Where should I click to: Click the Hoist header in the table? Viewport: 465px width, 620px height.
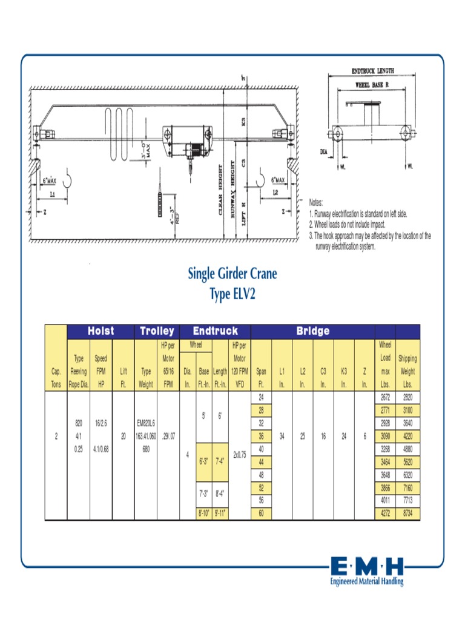[x=101, y=331]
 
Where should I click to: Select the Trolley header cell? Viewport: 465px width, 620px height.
[x=157, y=331]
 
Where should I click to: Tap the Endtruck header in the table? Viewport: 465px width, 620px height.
[x=215, y=331]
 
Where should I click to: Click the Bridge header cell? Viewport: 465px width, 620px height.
[x=312, y=331]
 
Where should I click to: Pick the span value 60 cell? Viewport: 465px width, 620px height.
[x=262, y=514]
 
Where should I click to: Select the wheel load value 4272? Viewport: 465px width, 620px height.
[x=385, y=514]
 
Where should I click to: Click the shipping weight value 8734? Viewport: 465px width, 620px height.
[x=407, y=514]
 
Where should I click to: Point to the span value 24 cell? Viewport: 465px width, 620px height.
[x=262, y=398]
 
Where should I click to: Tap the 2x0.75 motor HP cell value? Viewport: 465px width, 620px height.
[x=239, y=454]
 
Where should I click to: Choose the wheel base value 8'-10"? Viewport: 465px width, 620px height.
[x=203, y=514]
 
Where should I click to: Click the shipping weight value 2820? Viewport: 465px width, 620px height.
[x=407, y=398]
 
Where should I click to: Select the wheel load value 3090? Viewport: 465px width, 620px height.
[x=385, y=437]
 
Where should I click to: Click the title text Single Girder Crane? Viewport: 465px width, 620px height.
[x=232, y=274]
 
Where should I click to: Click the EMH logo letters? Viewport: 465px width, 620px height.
[x=367, y=568]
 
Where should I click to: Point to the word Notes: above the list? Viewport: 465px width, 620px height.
[x=317, y=203]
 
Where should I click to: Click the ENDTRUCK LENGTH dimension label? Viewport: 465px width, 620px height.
[x=373, y=71]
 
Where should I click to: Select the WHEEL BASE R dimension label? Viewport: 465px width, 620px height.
[x=371, y=85]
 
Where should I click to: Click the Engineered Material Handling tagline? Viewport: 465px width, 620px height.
[x=367, y=582]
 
